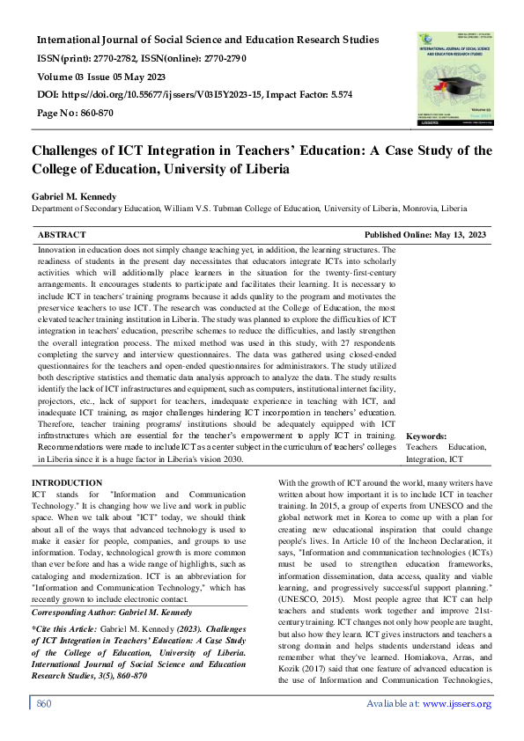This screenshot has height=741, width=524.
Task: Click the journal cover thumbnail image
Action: pyautogui.click(x=454, y=77)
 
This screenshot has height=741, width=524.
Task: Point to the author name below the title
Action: pyautogui.click(x=78, y=194)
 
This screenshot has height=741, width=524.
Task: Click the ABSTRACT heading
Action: pyautogui.click(x=62, y=235)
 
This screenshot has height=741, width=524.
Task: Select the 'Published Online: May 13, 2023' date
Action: pyautogui.click(x=424, y=235)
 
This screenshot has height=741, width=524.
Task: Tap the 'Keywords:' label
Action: pyautogui.click(x=426, y=436)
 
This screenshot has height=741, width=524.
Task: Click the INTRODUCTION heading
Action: pyautogui.click(x=67, y=483)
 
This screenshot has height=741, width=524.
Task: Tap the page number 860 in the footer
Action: pyautogui.click(x=45, y=729)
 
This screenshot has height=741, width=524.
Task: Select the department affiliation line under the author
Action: pyautogui.click(x=249, y=209)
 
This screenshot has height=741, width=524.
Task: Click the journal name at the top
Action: pyautogui.click(x=208, y=40)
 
